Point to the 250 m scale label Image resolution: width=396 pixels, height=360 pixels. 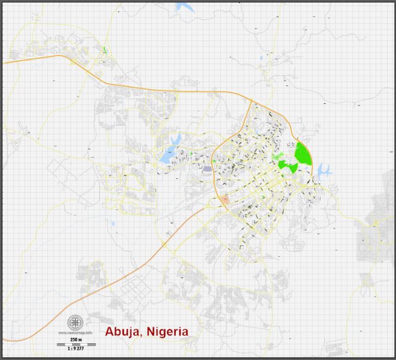pos(76,339)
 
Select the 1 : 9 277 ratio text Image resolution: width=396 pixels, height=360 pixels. pos(76,349)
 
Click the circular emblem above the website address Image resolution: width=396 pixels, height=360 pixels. pos(75,322)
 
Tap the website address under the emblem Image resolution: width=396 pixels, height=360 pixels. pos(75,332)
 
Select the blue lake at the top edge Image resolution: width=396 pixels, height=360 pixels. pos(186,8)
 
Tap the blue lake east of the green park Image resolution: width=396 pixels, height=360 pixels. pos(324,170)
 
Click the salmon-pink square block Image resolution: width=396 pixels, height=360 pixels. pos(225,200)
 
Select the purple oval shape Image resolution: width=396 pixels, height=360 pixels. pos(208,169)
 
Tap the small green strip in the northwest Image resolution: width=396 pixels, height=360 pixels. pos(104,50)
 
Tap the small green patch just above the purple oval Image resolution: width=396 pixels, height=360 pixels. pos(213,161)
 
